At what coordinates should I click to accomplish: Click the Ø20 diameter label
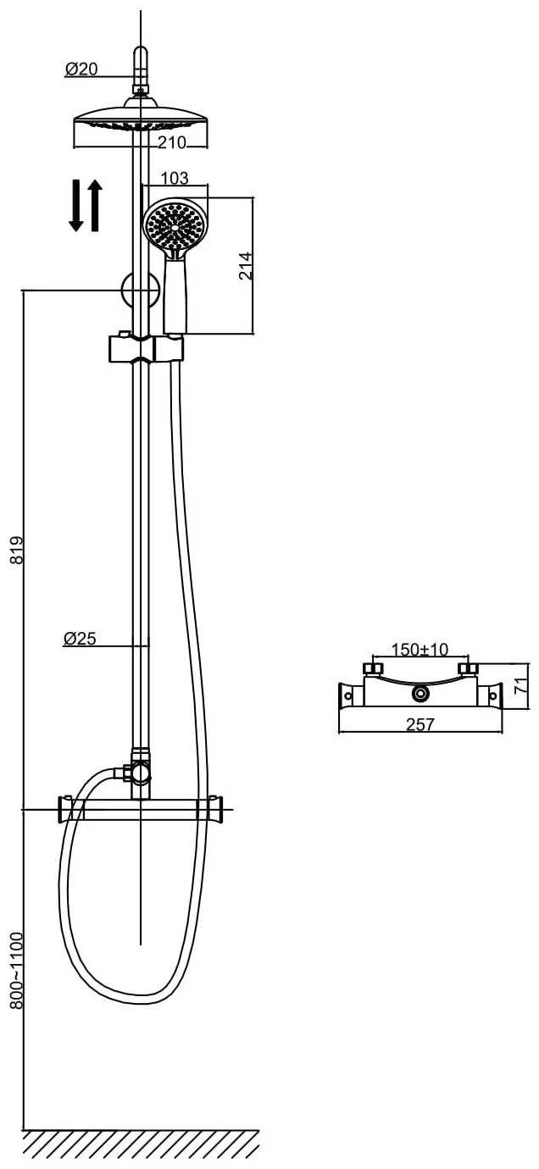(x=81, y=69)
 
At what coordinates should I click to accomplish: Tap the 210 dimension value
(x=172, y=142)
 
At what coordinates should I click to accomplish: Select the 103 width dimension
(x=175, y=178)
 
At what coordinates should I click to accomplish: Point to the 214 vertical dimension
(x=246, y=266)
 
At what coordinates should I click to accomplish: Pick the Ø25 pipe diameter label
(x=80, y=638)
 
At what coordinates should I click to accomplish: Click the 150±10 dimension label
(x=420, y=649)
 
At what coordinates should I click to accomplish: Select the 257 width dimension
(x=420, y=724)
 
